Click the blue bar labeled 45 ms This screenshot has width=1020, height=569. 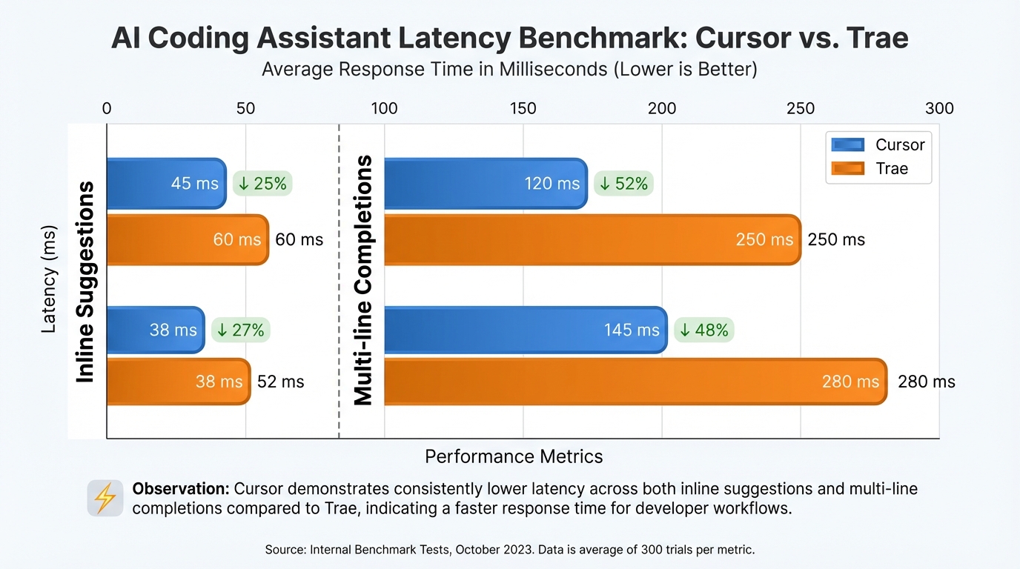coord(166,183)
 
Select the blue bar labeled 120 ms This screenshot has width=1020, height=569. coord(486,183)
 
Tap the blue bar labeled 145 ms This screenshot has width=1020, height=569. coord(526,330)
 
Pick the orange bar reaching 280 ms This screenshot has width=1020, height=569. coord(635,382)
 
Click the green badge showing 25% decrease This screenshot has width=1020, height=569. coord(262,183)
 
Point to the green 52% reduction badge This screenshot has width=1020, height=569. coord(623,183)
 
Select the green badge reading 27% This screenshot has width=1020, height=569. coord(240,330)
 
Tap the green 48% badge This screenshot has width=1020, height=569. coord(703,330)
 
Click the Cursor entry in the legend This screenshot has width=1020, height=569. coord(878,145)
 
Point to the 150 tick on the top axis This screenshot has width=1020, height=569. coord(523,109)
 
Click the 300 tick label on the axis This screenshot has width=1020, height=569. coord(939,109)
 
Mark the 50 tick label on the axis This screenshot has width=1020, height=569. coord(245,109)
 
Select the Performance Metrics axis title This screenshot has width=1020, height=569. coord(514,456)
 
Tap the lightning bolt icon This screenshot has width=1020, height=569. coord(105,498)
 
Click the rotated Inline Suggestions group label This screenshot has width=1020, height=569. coord(86,282)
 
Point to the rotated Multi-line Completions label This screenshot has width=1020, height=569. coord(363,282)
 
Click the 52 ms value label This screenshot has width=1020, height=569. coord(280,382)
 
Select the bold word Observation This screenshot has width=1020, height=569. coord(180,489)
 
